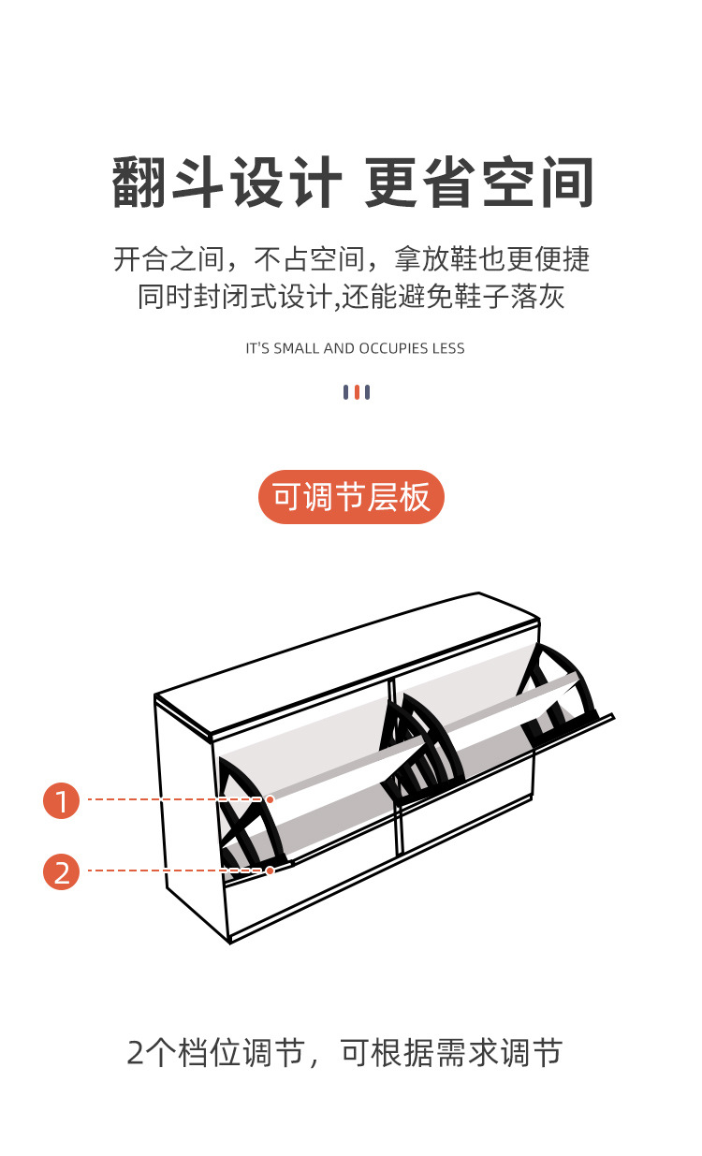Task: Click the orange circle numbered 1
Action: point(62,800)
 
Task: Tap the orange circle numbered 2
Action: point(62,871)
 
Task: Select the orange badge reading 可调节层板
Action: point(351,497)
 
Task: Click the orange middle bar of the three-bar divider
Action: point(357,392)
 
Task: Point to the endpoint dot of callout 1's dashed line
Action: point(270,799)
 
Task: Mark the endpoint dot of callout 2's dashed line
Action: point(270,871)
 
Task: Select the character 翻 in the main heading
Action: point(140,183)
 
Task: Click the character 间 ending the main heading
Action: point(565,183)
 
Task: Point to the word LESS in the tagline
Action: point(448,348)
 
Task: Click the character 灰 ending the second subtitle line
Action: point(550,297)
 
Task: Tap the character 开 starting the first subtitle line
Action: point(127,258)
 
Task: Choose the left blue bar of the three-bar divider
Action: point(345,392)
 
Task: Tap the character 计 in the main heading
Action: point(315,183)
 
